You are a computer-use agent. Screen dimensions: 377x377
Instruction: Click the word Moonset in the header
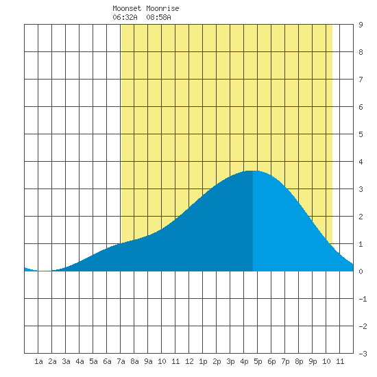[127, 9]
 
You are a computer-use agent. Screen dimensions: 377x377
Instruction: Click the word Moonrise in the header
[162, 9]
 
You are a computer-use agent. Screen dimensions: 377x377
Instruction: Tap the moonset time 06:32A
[125, 17]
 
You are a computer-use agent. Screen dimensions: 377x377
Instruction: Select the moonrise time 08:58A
[159, 17]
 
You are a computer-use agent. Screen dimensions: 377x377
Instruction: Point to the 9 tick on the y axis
[361, 25]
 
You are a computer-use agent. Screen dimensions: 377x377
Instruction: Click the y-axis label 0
[361, 271]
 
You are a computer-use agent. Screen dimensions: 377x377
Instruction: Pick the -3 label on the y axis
[363, 354]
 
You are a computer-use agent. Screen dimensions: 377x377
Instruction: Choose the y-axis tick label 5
[361, 134]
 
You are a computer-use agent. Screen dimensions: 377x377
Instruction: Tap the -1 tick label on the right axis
[363, 299]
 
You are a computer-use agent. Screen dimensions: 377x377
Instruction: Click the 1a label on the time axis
[38, 361]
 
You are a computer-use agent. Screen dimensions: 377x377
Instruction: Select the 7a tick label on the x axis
[121, 361]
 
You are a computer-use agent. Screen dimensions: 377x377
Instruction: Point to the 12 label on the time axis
[189, 361]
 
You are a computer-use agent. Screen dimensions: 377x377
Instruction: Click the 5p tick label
[258, 361]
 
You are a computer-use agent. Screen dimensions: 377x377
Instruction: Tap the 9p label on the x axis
[313, 361]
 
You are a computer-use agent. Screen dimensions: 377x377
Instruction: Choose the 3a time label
[66, 361]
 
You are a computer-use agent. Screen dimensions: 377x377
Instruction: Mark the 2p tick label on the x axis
[217, 361]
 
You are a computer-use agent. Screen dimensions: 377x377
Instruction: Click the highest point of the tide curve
[252, 171]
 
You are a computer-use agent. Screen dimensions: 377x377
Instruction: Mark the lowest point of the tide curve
[45, 271]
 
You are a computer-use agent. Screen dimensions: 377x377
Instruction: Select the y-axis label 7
[361, 80]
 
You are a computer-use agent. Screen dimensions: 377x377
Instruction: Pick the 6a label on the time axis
[107, 361]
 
